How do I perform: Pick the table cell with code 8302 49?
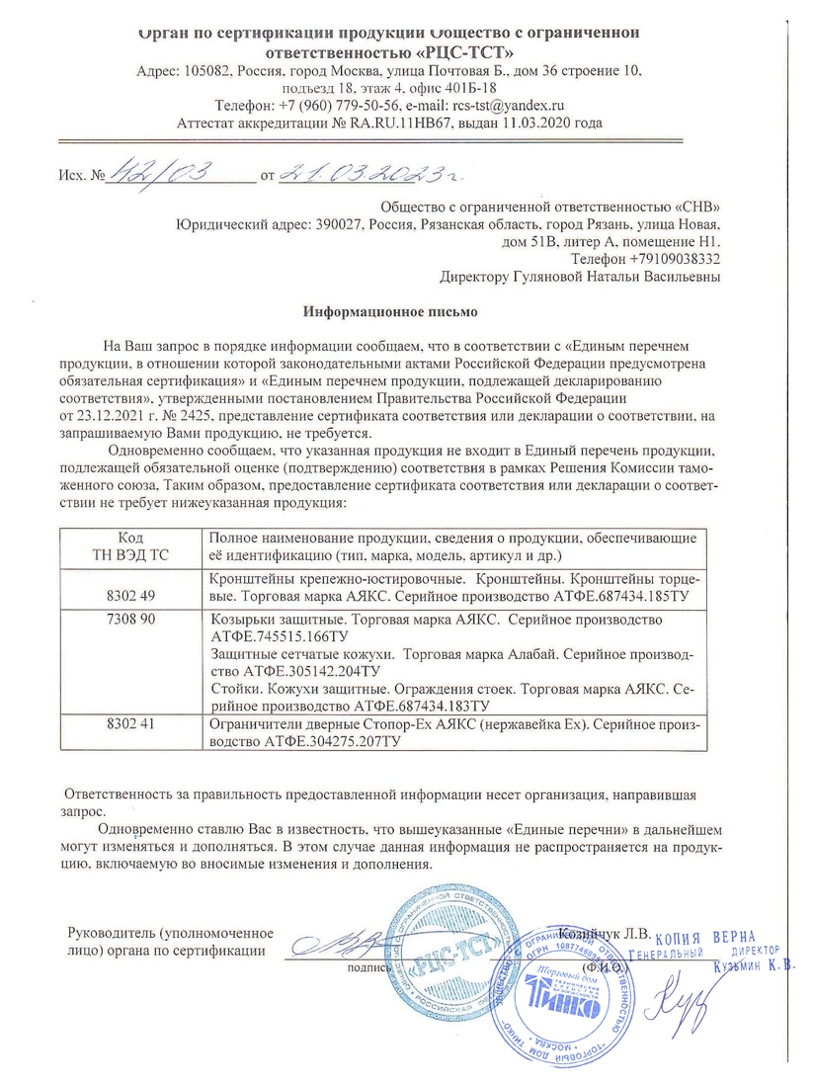pyautogui.click(x=130, y=595)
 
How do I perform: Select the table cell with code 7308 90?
pyautogui.click(x=130, y=619)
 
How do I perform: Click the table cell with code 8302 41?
pyautogui.click(x=130, y=723)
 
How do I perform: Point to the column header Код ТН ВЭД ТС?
pyautogui.click(x=130, y=544)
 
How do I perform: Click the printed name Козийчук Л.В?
pyautogui.click(x=605, y=932)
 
